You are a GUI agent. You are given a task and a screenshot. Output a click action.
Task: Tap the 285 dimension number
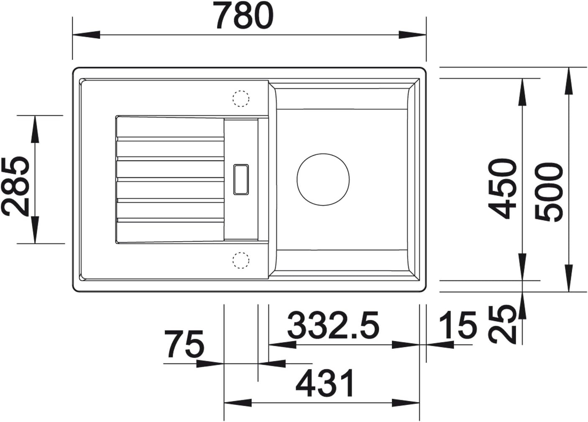15,186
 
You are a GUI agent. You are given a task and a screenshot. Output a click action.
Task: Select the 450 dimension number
502,189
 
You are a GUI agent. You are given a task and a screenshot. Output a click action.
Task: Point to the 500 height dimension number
549,192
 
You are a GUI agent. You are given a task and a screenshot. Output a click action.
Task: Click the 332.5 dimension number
333,325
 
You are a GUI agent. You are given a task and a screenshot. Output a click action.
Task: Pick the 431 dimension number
325,383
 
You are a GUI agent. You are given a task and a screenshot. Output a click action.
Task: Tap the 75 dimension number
184,344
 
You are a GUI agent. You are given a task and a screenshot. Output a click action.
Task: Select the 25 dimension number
502,324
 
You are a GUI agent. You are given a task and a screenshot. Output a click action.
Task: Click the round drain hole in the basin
323,180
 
